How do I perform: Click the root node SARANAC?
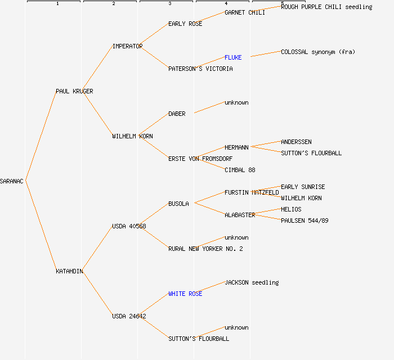pyautogui.click(x=12, y=181)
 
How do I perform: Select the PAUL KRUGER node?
pyautogui.click(x=74, y=91)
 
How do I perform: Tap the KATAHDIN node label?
pyautogui.click(x=69, y=271)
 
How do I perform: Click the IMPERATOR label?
pyautogui.click(x=127, y=46)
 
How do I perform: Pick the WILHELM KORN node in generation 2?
pyautogui.click(x=132, y=136)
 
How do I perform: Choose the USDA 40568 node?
pyautogui.click(x=129, y=226)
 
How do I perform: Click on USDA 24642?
pyautogui.click(x=129, y=316)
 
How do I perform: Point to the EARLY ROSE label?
pyautogui.click(x=185, y=24)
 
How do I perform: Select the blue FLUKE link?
pyautogui.click(x=233, y=57)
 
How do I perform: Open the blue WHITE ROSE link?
pyautogui.click(x=185, y=294)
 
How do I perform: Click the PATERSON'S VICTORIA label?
pyautogui.click(x=200, y=69)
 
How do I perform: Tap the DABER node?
pyautogui.click(x=177, y=114)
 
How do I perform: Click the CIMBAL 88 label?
pyautogui.click(x=240, y=170)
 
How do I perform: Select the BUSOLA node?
pyautogui.click(x=178, y=204)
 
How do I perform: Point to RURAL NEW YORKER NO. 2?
pyautogui.click(x=205, y=249)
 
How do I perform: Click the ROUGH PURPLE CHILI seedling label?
pyautogui.click(x=326, y=7)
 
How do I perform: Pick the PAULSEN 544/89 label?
pyautogui.click(x=305, y=220)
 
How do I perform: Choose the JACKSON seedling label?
pyautogui.click(x=252, y=282)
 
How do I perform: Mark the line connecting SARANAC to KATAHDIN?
pyautogui.click(x=41, y=226)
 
